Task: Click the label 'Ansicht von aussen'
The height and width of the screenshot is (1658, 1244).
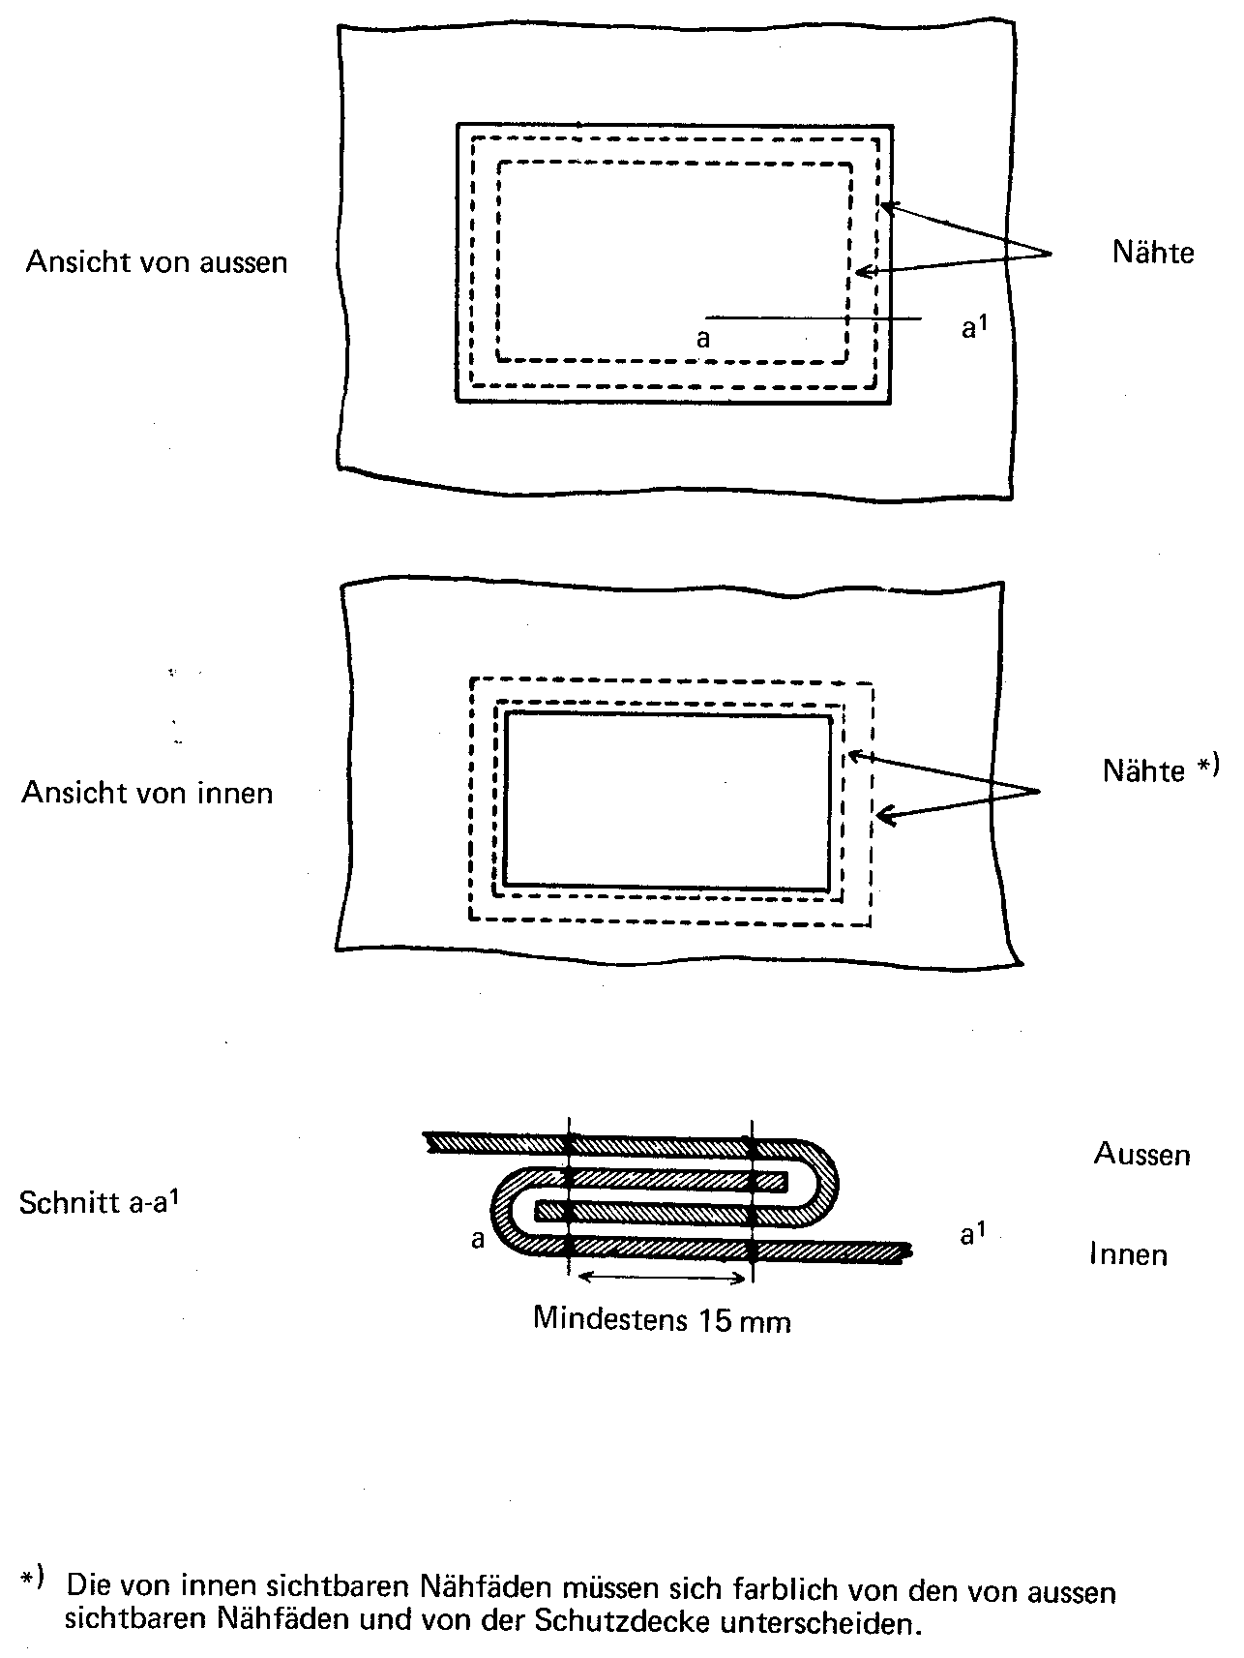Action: (x=157, y=262)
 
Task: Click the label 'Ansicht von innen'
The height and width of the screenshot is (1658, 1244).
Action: (x=147, y=793)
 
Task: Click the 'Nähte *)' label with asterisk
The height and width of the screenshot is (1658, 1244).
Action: (x=1161, y=769)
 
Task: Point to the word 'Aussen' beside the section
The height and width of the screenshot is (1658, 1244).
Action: (x=1141, y=1154)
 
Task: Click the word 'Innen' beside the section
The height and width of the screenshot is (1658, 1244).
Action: (x=1128, y=1254)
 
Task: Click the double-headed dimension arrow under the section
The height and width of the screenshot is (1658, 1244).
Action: (x=663, y=1278)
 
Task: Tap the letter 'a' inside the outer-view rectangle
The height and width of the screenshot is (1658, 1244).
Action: (x=703, y=339)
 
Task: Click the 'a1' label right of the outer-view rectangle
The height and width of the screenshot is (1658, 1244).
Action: (x=973, y=327)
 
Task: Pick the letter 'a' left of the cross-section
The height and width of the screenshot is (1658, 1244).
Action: (x=478, y=1239)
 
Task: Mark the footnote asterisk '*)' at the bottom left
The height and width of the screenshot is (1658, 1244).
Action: (x=32, y=1582)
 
